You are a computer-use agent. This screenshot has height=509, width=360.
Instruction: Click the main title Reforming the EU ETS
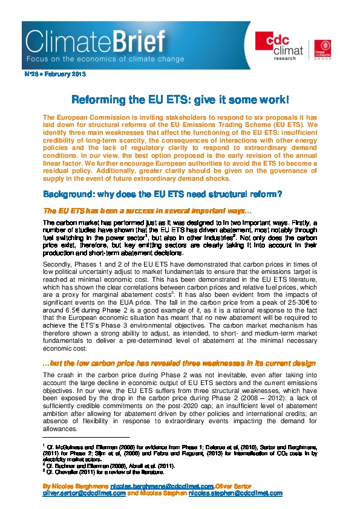(x=180, y=98)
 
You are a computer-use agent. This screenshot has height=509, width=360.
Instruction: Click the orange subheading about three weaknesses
(x=179, y=363)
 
